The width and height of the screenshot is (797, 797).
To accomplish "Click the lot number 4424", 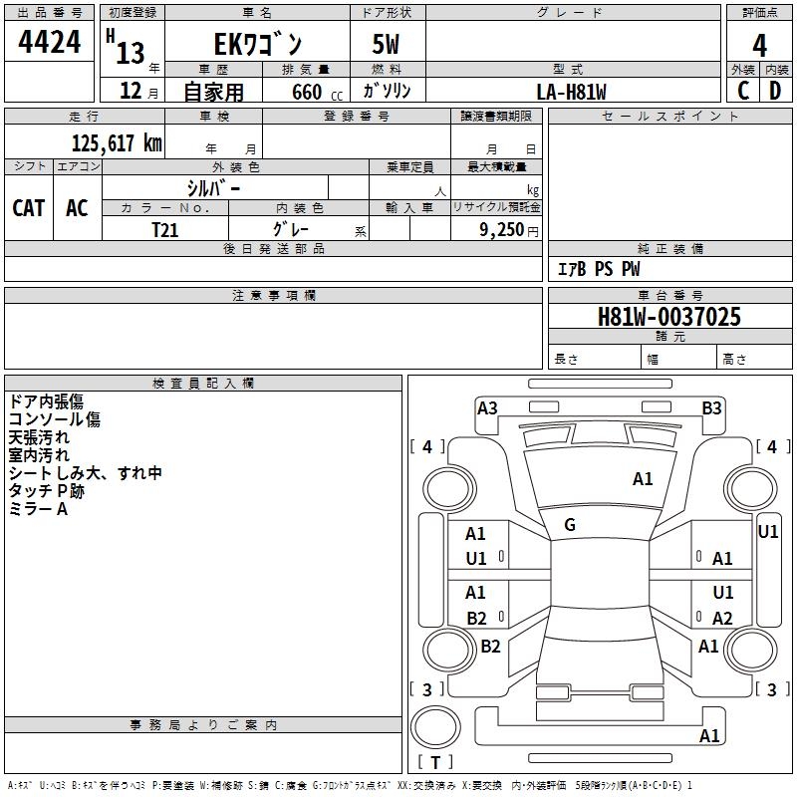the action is pyautogui.click(x=49, y=42).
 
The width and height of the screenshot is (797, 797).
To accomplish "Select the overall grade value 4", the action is pyautogui.click(x=759, y=46).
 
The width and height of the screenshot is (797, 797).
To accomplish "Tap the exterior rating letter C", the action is pyautogui.click(x=743, y=91).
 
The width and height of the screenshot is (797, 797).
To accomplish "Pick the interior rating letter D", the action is pyautogui.click(x=775, y=91).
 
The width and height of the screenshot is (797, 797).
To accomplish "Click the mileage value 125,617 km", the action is pyautogui.click(x=117, y=143).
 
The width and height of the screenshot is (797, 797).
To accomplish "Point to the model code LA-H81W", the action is pyautogui.click(x=571, y=92).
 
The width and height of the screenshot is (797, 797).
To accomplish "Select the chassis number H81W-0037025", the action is pyautogui.click(x=669, y=317).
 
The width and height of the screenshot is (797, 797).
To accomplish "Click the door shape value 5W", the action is pyautogui.click(x=386, y=44).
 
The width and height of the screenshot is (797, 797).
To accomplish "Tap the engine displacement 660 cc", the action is pyautogui.click(x=317, y=93).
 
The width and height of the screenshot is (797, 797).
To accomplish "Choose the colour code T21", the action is pyautogui.click(x=165, y=230).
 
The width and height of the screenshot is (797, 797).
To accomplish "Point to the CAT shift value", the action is pyautogui.click(x=29, y=208).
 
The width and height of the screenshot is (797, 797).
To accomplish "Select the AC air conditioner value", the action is pyautogui.click(x=78, y=208).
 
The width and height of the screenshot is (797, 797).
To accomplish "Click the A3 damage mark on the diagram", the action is pyautogui.click(x=487, y=408).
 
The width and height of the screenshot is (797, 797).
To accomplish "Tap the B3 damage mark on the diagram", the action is pyautogui.click(x=711, y=408).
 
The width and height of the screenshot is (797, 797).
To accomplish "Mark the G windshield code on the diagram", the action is pyautogui.click(x=570, y=525).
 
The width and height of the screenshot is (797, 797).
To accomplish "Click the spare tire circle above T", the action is pyautogui.click(x=435, y=727).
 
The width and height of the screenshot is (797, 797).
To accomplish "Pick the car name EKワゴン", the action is pyautogui.click(x=258, y=45).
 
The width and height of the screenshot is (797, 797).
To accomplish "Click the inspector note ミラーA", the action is pyautogui.click(x=38, y=509).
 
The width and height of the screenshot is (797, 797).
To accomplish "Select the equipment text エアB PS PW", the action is pyautogui.click(x=599, y=269).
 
